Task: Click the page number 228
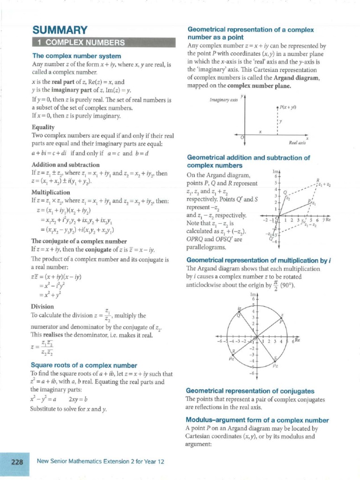17,462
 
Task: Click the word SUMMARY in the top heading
60,30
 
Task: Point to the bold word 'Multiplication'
51,192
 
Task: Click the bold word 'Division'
43,307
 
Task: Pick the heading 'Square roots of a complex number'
83,365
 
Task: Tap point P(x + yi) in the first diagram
278,108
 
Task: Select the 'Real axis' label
297,142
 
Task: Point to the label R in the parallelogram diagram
318,180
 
